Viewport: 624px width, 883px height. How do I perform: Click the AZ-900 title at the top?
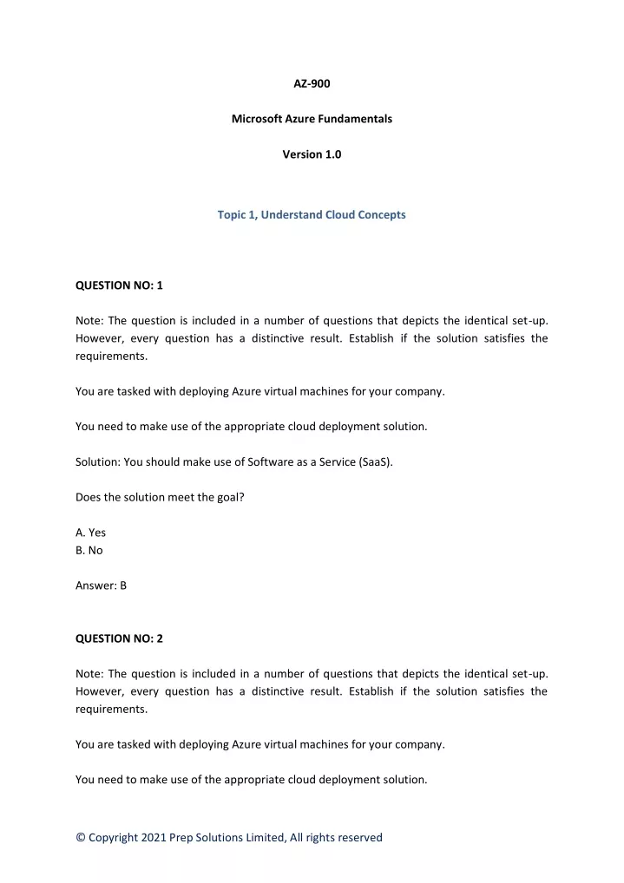pyautogui.click(x=312, y=83)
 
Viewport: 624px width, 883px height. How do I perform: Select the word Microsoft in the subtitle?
pyautogui.click(x=257, y=119)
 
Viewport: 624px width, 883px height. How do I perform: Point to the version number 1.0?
pyautogui.click(x=333, y=154)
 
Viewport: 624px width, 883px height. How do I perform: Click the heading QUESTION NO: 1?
pyautogui.click(x=119, y=285)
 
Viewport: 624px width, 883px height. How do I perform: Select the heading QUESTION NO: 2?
pyautogui.click(x=119, y=638)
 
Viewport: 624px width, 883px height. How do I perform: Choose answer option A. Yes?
pyautogui.click(x=90, y=533)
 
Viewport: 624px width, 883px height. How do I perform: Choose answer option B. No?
pyautogui.click(x=89, y=550)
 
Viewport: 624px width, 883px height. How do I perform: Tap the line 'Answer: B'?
pyautogui.click(x=101, y=585)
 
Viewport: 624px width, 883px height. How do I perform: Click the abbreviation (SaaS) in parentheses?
pyautogui.click(x=375, y=462)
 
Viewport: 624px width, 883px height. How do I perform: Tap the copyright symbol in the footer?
pyautogui.click(x=81, y=837)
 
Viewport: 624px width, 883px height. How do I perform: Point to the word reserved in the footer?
pyautogui.click(x=359, y=837)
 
